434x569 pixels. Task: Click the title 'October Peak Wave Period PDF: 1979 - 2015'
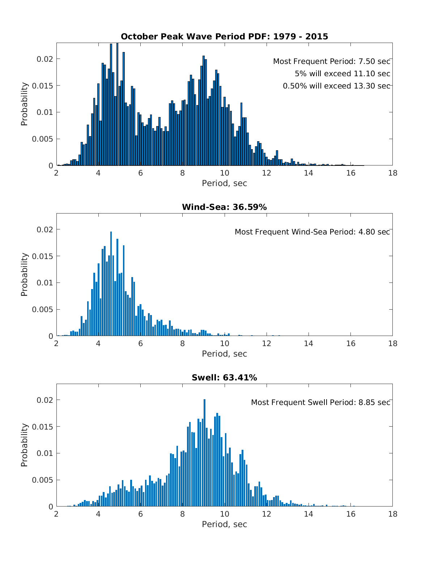click(224, 36)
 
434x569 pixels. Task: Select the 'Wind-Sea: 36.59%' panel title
click(224, 207)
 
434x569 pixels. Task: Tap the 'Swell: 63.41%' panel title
click(224, 378)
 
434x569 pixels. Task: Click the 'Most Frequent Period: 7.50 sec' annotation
click(331, 61)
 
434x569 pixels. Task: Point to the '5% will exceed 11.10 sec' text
click(342, 74)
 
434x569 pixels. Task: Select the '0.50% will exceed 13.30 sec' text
click(336, 86)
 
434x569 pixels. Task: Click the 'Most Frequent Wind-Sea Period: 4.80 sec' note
click(312, 232)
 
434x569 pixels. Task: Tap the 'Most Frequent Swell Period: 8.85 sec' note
click(320, 402)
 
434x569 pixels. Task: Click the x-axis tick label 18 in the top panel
click(392, 173)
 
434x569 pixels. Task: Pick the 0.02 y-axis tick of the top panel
click(45, 59)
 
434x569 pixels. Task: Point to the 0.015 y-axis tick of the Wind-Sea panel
click(43, 256)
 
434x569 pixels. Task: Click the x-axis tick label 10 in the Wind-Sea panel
click(225, 344)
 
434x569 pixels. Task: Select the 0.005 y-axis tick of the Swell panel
click(43, 480)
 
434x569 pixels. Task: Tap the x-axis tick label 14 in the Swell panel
click(309, 514)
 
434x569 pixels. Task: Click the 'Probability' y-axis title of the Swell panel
click(24, 445)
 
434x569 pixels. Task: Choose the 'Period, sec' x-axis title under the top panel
click(224, 183)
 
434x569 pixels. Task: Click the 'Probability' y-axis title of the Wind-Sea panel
click(24, 275)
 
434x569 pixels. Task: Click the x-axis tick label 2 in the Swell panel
click(56, 514)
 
